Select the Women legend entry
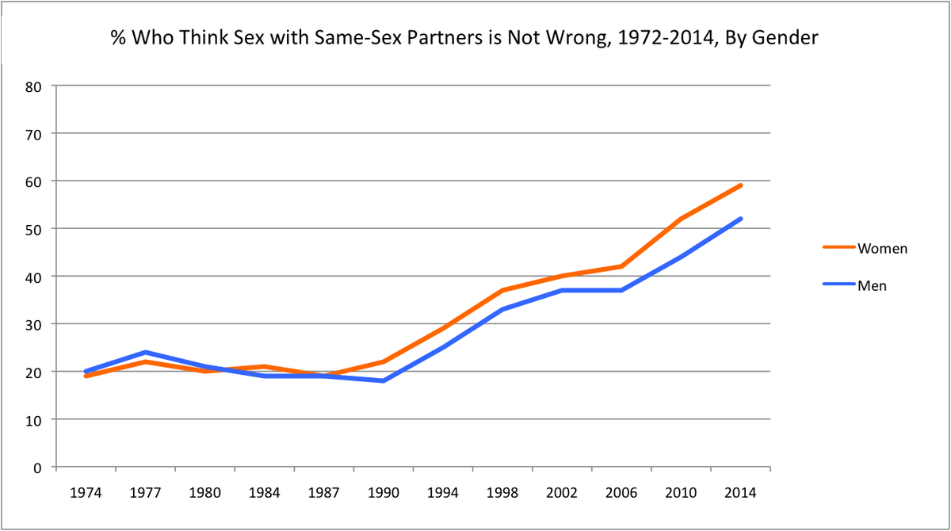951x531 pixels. [x=882, y=248]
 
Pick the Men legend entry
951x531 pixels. [x=872, y=286]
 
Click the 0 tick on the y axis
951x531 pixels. [x=36, y=467]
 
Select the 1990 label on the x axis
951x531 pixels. [x=384, y=493]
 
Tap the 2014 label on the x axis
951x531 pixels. [x=740, y=493]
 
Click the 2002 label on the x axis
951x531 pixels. [x=562, y=493]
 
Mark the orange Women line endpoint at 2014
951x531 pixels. [x=740, y=185]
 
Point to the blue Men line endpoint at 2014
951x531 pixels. [x=740, y=219]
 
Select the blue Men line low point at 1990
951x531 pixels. [x=384, y=381]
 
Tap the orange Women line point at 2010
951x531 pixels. [x=681, y=219]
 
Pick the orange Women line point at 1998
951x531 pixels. [x=502, y=290]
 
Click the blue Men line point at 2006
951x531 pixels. [x=621, y=290]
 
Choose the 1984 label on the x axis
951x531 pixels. [x=265, y=493]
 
